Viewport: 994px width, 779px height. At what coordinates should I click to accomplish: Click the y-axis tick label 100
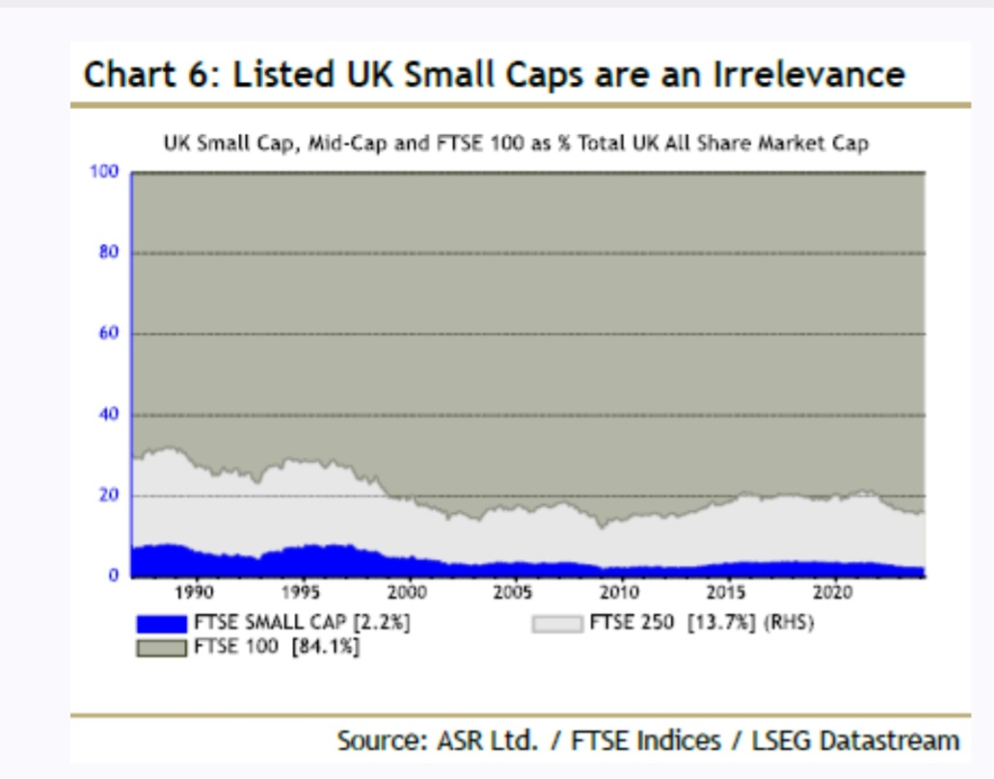pos(104,172)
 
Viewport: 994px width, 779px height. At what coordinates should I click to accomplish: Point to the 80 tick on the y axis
pos(108,253)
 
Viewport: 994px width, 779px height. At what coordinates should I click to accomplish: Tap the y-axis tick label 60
pos(108,333)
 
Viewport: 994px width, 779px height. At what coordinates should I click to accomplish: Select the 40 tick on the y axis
pos(108,414)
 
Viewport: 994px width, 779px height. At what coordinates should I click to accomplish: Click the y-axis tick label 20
pos(108,495)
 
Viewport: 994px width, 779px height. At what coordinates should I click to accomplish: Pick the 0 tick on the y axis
pos(113,575)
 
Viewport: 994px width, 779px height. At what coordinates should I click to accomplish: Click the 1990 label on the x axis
pos(194,593)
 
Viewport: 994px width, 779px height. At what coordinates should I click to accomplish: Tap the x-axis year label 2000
pos(407,593)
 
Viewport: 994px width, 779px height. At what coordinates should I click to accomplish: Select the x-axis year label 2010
pos(619,593)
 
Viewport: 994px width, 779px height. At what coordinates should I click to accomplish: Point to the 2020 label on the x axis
pos(832,593)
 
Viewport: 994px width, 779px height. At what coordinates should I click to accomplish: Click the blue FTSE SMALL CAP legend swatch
pos(162,624)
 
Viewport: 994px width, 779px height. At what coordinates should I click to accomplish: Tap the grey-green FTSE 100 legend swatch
pos(162,648)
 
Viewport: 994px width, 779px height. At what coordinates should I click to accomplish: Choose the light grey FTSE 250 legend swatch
pos(557,624)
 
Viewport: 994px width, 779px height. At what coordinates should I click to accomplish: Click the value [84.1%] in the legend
pos(325,647)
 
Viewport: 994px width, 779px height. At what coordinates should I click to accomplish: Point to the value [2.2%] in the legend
pos(382,623)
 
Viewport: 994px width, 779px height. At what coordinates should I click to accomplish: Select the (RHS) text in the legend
pos(789,623)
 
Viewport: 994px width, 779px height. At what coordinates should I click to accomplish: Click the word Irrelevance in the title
pos(809,74)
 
